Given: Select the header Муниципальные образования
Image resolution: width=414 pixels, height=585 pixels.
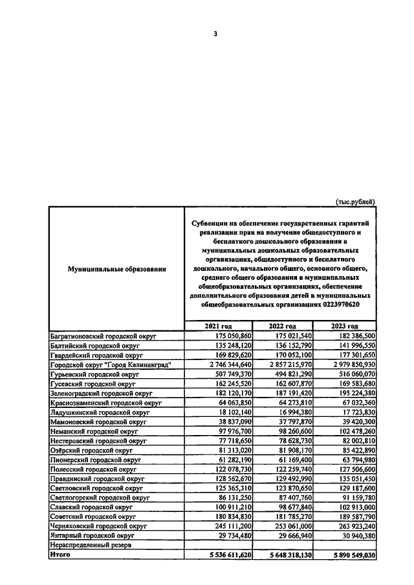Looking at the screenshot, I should click(117, 268).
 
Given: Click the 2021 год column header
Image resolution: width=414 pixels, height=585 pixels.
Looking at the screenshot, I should click(218, 326).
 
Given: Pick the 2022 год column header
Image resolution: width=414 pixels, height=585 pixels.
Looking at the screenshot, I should click(283, 326).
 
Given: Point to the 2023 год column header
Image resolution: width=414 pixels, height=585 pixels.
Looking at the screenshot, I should click(345, 326).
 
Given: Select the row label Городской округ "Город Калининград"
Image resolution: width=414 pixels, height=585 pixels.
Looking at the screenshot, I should click(110, 365).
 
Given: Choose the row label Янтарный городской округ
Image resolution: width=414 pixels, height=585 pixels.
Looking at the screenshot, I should click(91, 536).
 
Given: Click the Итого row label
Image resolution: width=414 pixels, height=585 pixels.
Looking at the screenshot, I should click(61, 555).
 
